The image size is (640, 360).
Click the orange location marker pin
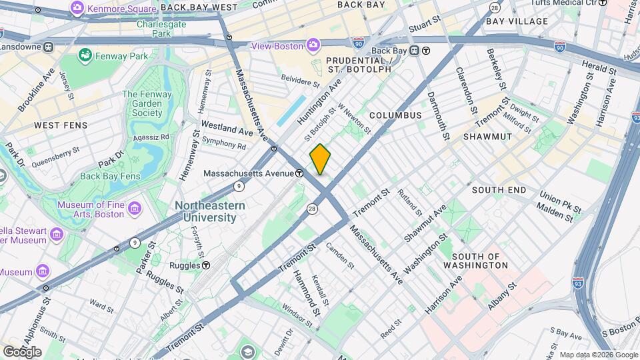(x=320, y=159)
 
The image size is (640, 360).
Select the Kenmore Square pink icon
(x=77, y=8)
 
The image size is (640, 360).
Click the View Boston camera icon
(x=313, y=45)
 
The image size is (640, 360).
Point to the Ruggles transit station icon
(x=206, y=265)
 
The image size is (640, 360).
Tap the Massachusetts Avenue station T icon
(x=300, y=173)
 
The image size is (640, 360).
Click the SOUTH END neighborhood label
(x=499, y=190)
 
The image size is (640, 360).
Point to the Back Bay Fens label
(x=110, y=177)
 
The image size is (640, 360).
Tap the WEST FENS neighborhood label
(x=56, y=125)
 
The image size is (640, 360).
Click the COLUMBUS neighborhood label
(x=395, y=115)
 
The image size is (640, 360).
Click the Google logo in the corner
(x=22, y=351)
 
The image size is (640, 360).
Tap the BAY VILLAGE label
(x=517, y=21)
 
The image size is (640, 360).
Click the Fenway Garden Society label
(x=147, y=103)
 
